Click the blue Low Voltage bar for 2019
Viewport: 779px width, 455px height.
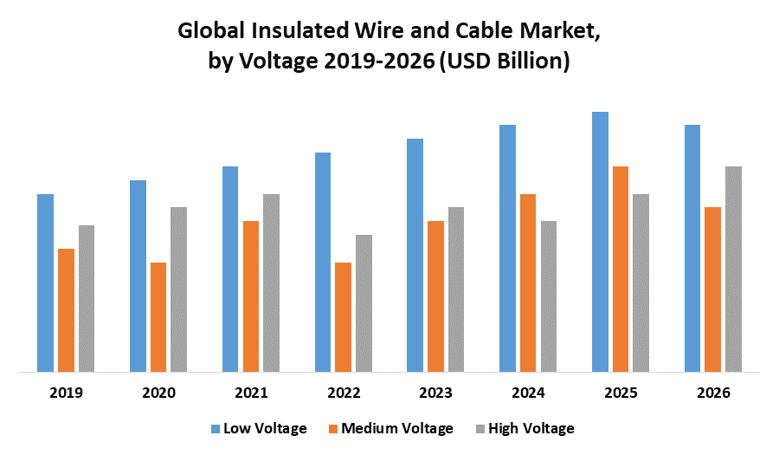coord(45,283)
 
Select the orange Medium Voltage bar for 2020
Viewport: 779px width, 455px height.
coord(158,317)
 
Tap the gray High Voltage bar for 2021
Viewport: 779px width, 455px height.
coord(271,283)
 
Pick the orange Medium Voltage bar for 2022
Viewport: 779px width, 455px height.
coord(343,317)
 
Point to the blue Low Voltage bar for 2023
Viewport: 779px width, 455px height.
coord(415,256)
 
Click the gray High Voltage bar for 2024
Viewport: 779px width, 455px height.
coord(549,296)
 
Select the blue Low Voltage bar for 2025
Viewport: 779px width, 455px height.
coord(600,242)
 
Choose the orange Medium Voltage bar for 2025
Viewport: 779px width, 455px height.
coord(621,270)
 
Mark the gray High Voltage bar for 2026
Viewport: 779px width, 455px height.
coord(733,270)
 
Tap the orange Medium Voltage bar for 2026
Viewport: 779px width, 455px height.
coord(712,289)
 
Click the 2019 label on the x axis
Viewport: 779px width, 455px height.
coord(66,393)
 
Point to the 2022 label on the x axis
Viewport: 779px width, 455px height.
coord(344,393)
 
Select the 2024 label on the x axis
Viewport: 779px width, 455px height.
coord(528,393)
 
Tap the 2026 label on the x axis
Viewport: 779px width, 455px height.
coord(713,393)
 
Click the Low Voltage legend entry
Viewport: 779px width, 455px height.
coord(259,428)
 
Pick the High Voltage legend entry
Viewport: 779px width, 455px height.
coord(524,428)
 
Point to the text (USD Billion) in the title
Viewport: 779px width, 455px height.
coord(505,62)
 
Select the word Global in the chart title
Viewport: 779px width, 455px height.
coord(210,33)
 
